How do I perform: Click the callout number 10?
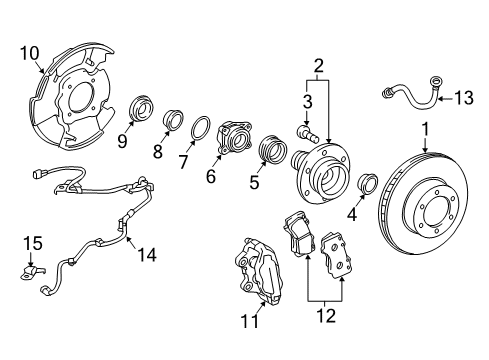tap(30, 53)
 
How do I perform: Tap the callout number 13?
tap(464, 98)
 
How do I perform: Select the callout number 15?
tap(33, 243)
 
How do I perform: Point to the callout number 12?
tap(326, 315)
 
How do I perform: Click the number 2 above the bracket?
tap(319, 66)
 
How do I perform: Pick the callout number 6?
tap(211, 176)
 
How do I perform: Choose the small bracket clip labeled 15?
tap(31, 272)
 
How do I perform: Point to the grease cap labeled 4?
tap(368, 184)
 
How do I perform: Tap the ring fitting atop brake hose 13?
tap(436, 80)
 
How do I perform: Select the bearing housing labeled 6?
tap(234, 139)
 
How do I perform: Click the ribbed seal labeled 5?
tap(273, 150)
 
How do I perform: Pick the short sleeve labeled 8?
tap(174, 120)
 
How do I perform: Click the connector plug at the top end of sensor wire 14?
tap(38, 173)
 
